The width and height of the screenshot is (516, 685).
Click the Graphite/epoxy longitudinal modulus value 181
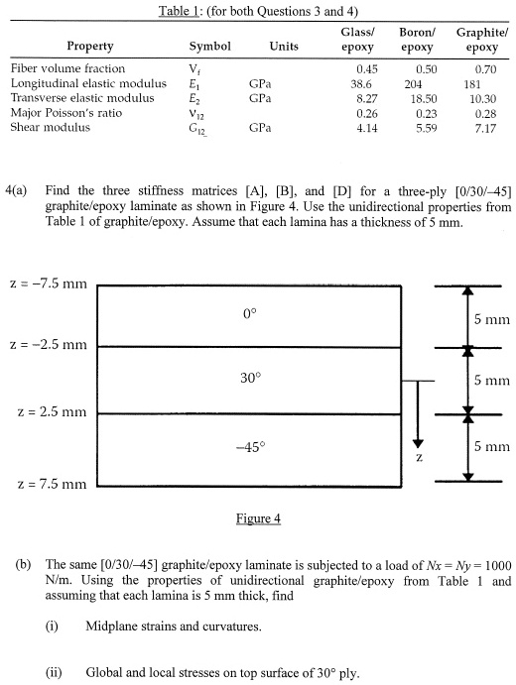coord(471,84)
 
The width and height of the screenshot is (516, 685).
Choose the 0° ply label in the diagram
coord(249,314)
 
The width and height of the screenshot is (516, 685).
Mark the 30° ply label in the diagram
coord(249,378)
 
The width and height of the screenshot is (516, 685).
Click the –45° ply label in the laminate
coord(249,446)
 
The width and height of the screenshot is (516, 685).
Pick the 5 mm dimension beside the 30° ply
coord(492,380)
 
